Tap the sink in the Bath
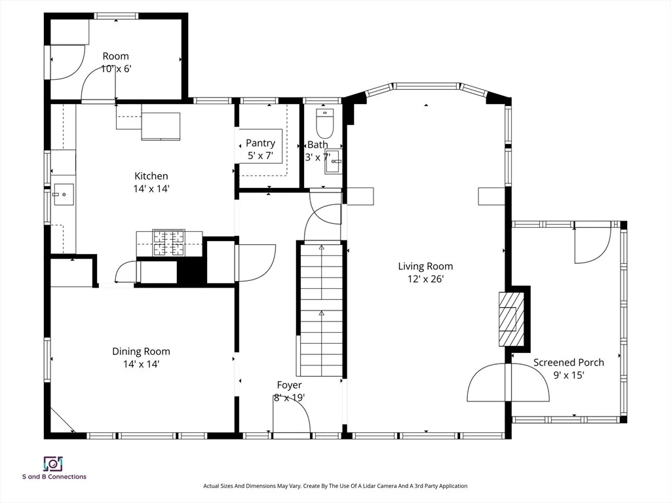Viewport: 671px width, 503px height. click(334, 161)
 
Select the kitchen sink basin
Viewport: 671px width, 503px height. click(64, 195)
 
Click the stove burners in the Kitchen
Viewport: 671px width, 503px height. click(169, 243)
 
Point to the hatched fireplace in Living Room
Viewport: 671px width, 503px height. click(511, 319)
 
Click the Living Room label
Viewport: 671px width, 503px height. click(425, 266)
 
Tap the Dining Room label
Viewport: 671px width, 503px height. click(142, 351)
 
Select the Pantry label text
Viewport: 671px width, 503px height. click(260, 143)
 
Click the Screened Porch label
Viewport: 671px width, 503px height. click(568, 362)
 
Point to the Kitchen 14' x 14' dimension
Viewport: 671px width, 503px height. click(151, 189)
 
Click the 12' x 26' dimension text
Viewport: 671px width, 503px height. click(425, 279)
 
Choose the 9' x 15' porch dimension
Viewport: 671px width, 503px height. click(569, 375)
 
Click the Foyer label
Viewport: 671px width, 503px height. click(289, 385)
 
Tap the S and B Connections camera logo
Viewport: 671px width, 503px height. click(54, 464)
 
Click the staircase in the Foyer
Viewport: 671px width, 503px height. click(321, 310)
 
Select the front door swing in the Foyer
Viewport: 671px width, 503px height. click(292, 414)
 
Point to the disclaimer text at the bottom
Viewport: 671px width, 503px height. click(335, 486)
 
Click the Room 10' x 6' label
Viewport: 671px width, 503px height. click(115, 62)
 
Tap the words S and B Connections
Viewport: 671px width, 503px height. click(54, 477)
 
